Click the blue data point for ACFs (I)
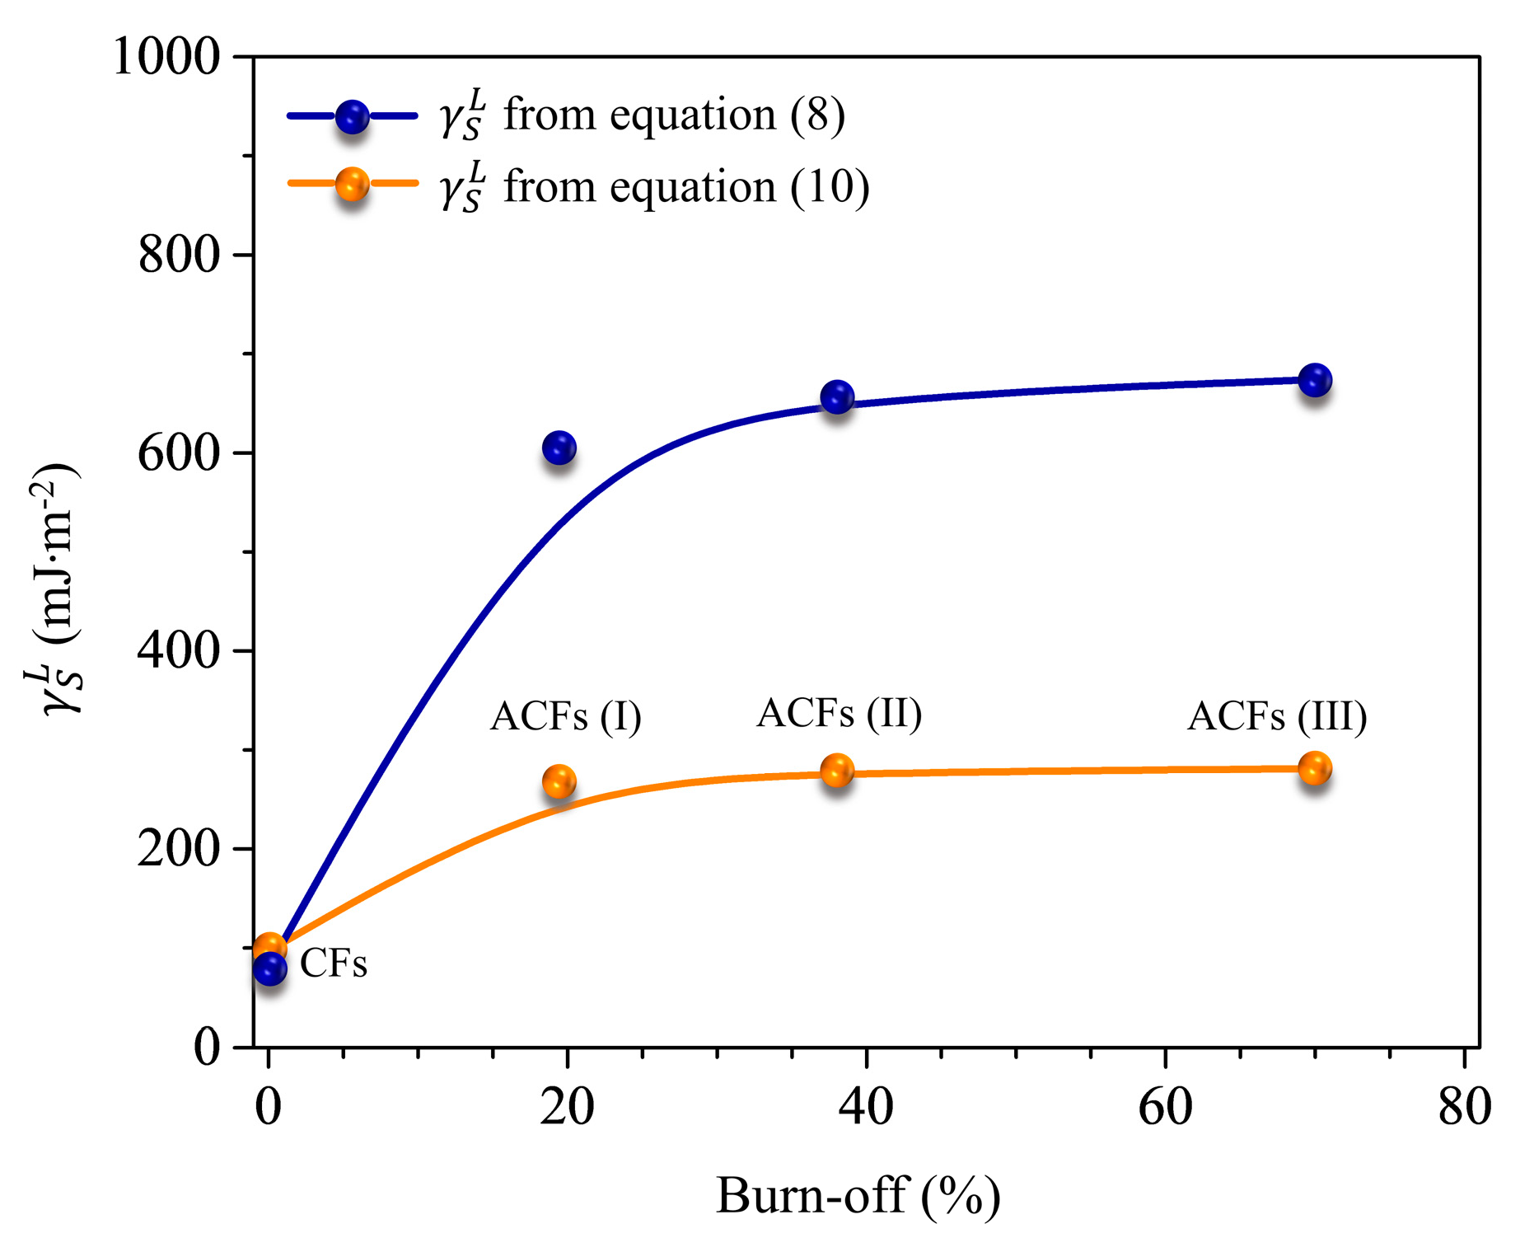point(559,448)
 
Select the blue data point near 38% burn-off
point(837,397)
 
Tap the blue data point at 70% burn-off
point(1315,380)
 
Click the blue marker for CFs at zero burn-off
point(270,968)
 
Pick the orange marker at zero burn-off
point(269,948)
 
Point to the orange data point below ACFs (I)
point(559,781)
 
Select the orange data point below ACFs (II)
point(837,771)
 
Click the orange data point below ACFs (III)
point(1315,768)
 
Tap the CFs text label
point(333,963)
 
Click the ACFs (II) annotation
point(840,713)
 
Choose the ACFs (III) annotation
point(1277,715)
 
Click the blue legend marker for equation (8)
point(352,117)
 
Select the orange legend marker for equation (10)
point(352,185)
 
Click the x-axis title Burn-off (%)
point(858,1196)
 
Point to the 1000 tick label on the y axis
point(167,58)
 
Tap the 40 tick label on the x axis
point(866,1107)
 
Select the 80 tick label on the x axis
point(1464,1107)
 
